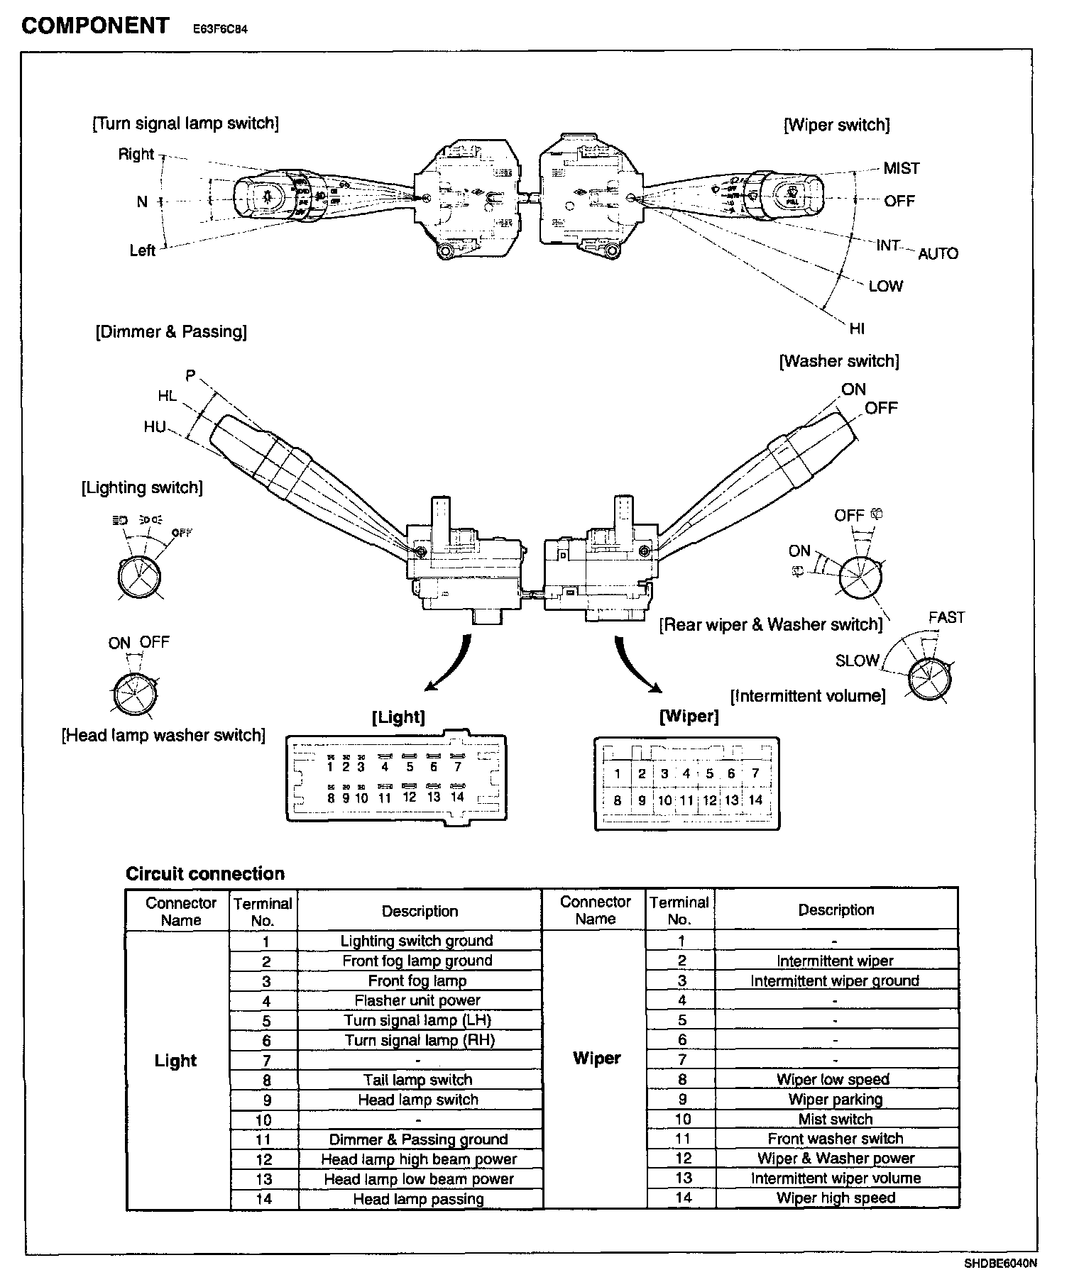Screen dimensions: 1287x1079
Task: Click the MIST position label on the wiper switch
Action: pos(901,168)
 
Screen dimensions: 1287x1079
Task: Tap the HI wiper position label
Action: pos(857,328)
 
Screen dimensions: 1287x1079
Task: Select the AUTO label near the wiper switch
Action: pos(938,253)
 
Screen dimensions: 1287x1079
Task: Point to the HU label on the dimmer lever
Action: pos(154,426)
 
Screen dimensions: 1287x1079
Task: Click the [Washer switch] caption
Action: pos(839,361)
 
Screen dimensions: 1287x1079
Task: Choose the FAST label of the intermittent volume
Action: pos(946,617)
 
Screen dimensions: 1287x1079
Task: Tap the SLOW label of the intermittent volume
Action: pos(857,661)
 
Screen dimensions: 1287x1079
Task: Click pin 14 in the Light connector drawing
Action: pos(457,797)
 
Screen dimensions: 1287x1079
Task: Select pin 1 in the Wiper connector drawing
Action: pos(618,774)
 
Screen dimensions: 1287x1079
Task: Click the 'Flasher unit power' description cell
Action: pos(417,1000)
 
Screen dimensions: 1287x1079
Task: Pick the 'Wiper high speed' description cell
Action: pos(836,1198)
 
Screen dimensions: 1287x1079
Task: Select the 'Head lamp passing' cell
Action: pos(418,1199)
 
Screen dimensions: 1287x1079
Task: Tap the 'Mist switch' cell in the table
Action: pos(836,1119)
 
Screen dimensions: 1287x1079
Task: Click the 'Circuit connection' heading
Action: pos(204,873)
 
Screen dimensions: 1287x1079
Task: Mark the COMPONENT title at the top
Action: pos(95,26)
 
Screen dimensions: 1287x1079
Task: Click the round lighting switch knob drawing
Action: pos(138,575)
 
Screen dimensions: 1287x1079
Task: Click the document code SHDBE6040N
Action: pos(1000,1263)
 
